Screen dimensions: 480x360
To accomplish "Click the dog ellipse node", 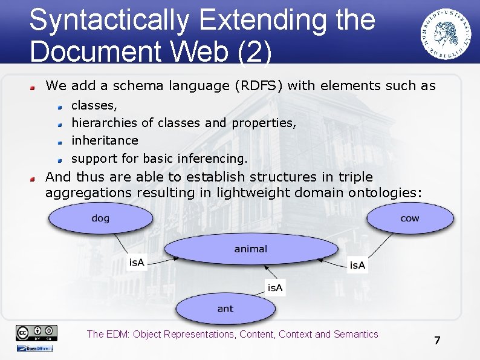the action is point(100,218).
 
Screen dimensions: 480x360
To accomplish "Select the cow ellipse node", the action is point(409,218).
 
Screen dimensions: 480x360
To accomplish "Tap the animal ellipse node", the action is point(250,249).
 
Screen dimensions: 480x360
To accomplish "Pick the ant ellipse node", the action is point(225,309).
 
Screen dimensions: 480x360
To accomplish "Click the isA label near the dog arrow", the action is point(137,262).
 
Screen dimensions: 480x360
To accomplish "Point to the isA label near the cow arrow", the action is point(357,265).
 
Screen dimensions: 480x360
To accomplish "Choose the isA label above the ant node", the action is point(275,287).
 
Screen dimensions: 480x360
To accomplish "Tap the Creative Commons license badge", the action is point(37,332).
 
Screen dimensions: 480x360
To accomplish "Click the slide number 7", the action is point(437,341).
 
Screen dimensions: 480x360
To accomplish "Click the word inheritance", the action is point(105,140).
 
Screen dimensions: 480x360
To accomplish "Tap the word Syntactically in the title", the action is point(109,20).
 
